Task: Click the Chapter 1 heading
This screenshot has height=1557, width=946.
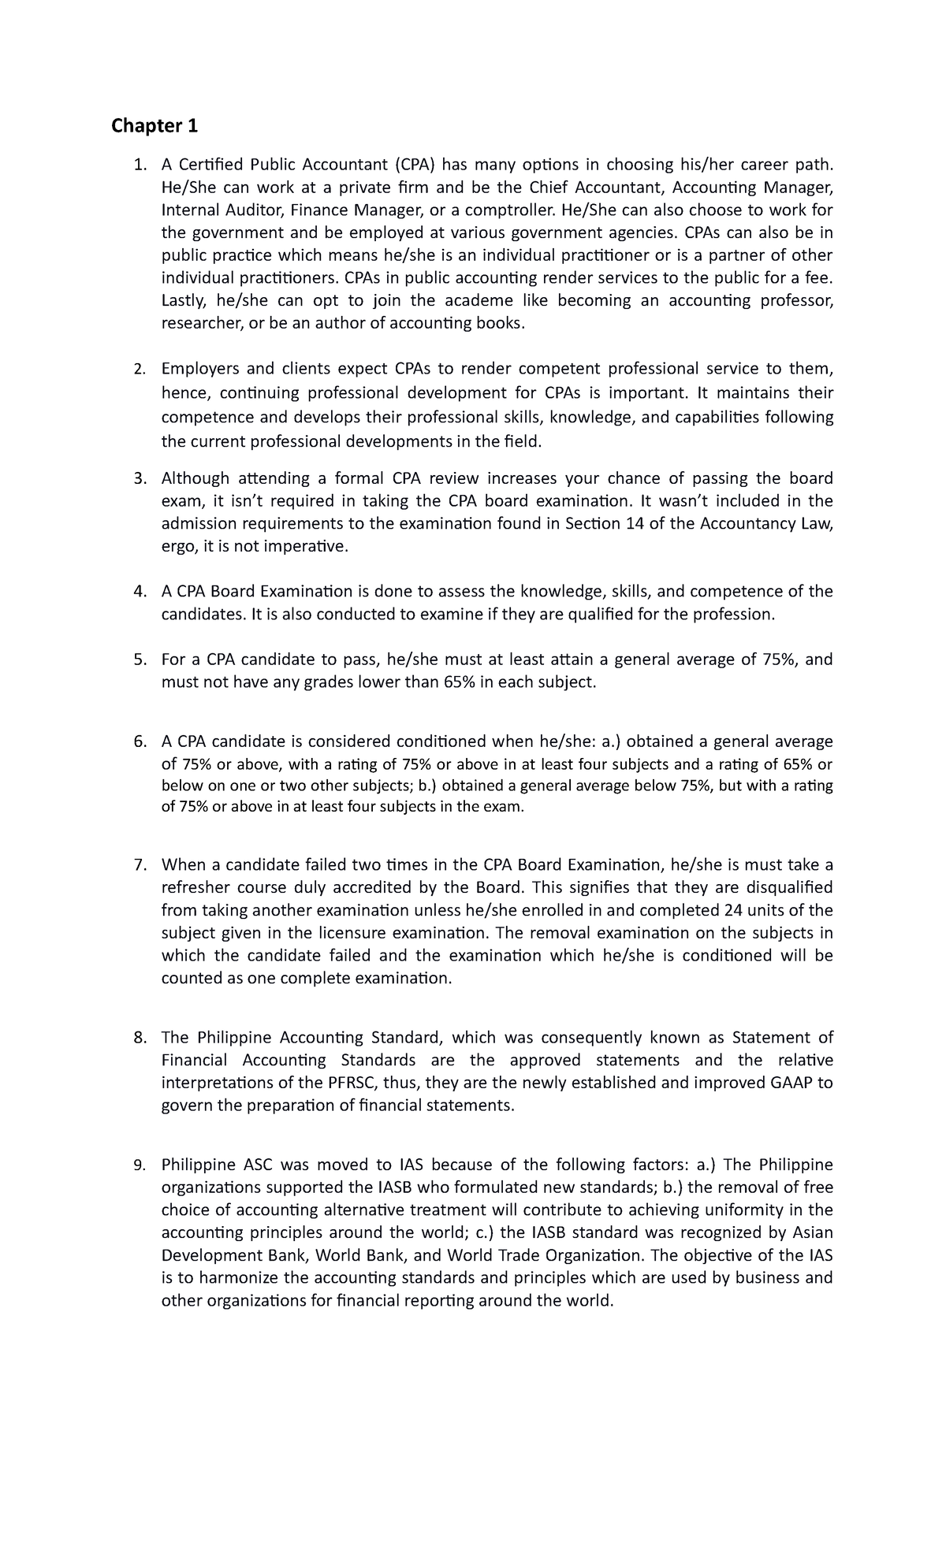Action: pyautogui.click(x=155, y=125)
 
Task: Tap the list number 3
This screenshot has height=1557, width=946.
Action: pyautogui.click(x=140, y=478)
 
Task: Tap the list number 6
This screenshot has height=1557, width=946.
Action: pyautogui.click(x=140, y=741)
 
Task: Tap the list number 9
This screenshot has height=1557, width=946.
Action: pyautogui.click(x=140, y=1165)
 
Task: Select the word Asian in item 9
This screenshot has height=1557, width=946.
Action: pyautogui.click(x=812, y=1232)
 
